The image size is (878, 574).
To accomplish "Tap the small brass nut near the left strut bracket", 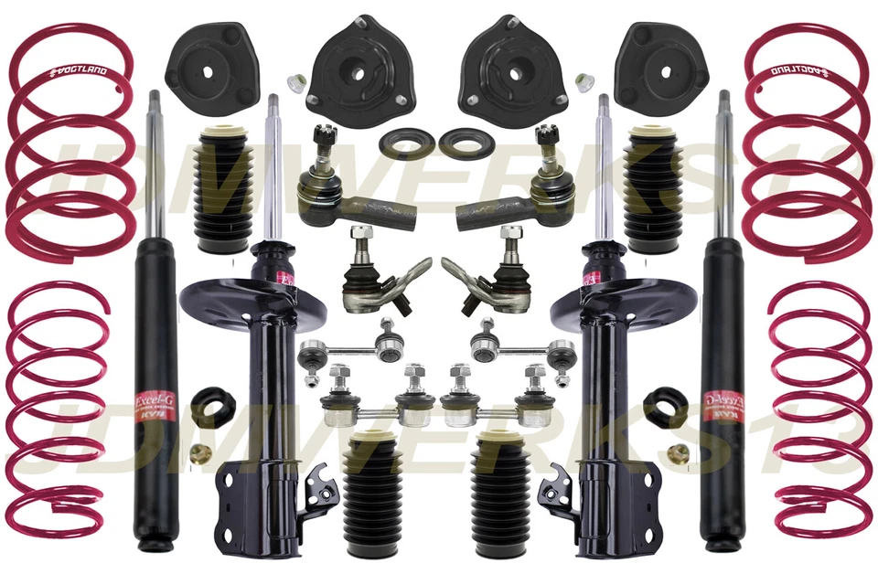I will pos(198,452).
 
